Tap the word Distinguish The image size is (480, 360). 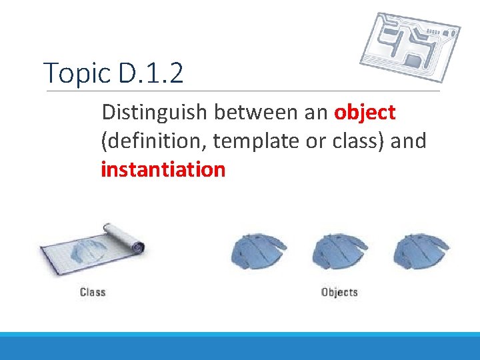point(155,113)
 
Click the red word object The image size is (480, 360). point(365,113)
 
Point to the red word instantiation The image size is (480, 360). point(163,170)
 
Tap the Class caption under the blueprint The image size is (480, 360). point(93,292)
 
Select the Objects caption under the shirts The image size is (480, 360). point(339,292)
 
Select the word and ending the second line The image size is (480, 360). point(408,142)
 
